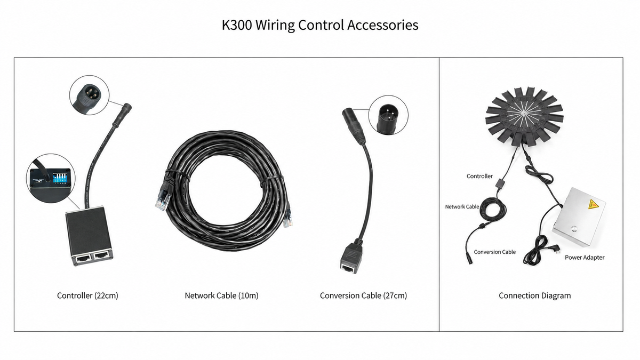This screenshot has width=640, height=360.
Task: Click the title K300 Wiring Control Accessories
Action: (320, 25)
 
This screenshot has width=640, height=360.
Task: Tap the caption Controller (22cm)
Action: (87, 295)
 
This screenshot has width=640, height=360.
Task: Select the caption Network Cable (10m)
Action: (221, 295)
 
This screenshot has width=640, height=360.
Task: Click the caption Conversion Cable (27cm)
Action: (363, 295)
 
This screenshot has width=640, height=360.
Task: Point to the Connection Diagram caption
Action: (534, 295)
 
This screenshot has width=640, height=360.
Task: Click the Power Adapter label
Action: (585, 258)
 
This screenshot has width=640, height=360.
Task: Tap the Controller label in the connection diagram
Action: (479, 177)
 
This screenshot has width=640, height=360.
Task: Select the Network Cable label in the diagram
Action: (462, 206)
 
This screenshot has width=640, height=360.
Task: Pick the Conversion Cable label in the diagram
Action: (494, 252)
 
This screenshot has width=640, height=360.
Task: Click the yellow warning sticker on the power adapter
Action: (593, 205)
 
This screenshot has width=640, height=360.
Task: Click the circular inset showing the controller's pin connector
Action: (89, 95)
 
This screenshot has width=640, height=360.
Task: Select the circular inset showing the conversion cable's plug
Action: (388, 115)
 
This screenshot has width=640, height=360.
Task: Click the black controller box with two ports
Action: (89, 235)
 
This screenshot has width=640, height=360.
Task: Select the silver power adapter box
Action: (579, 217)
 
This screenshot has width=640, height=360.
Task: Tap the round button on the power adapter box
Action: (573, 229)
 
